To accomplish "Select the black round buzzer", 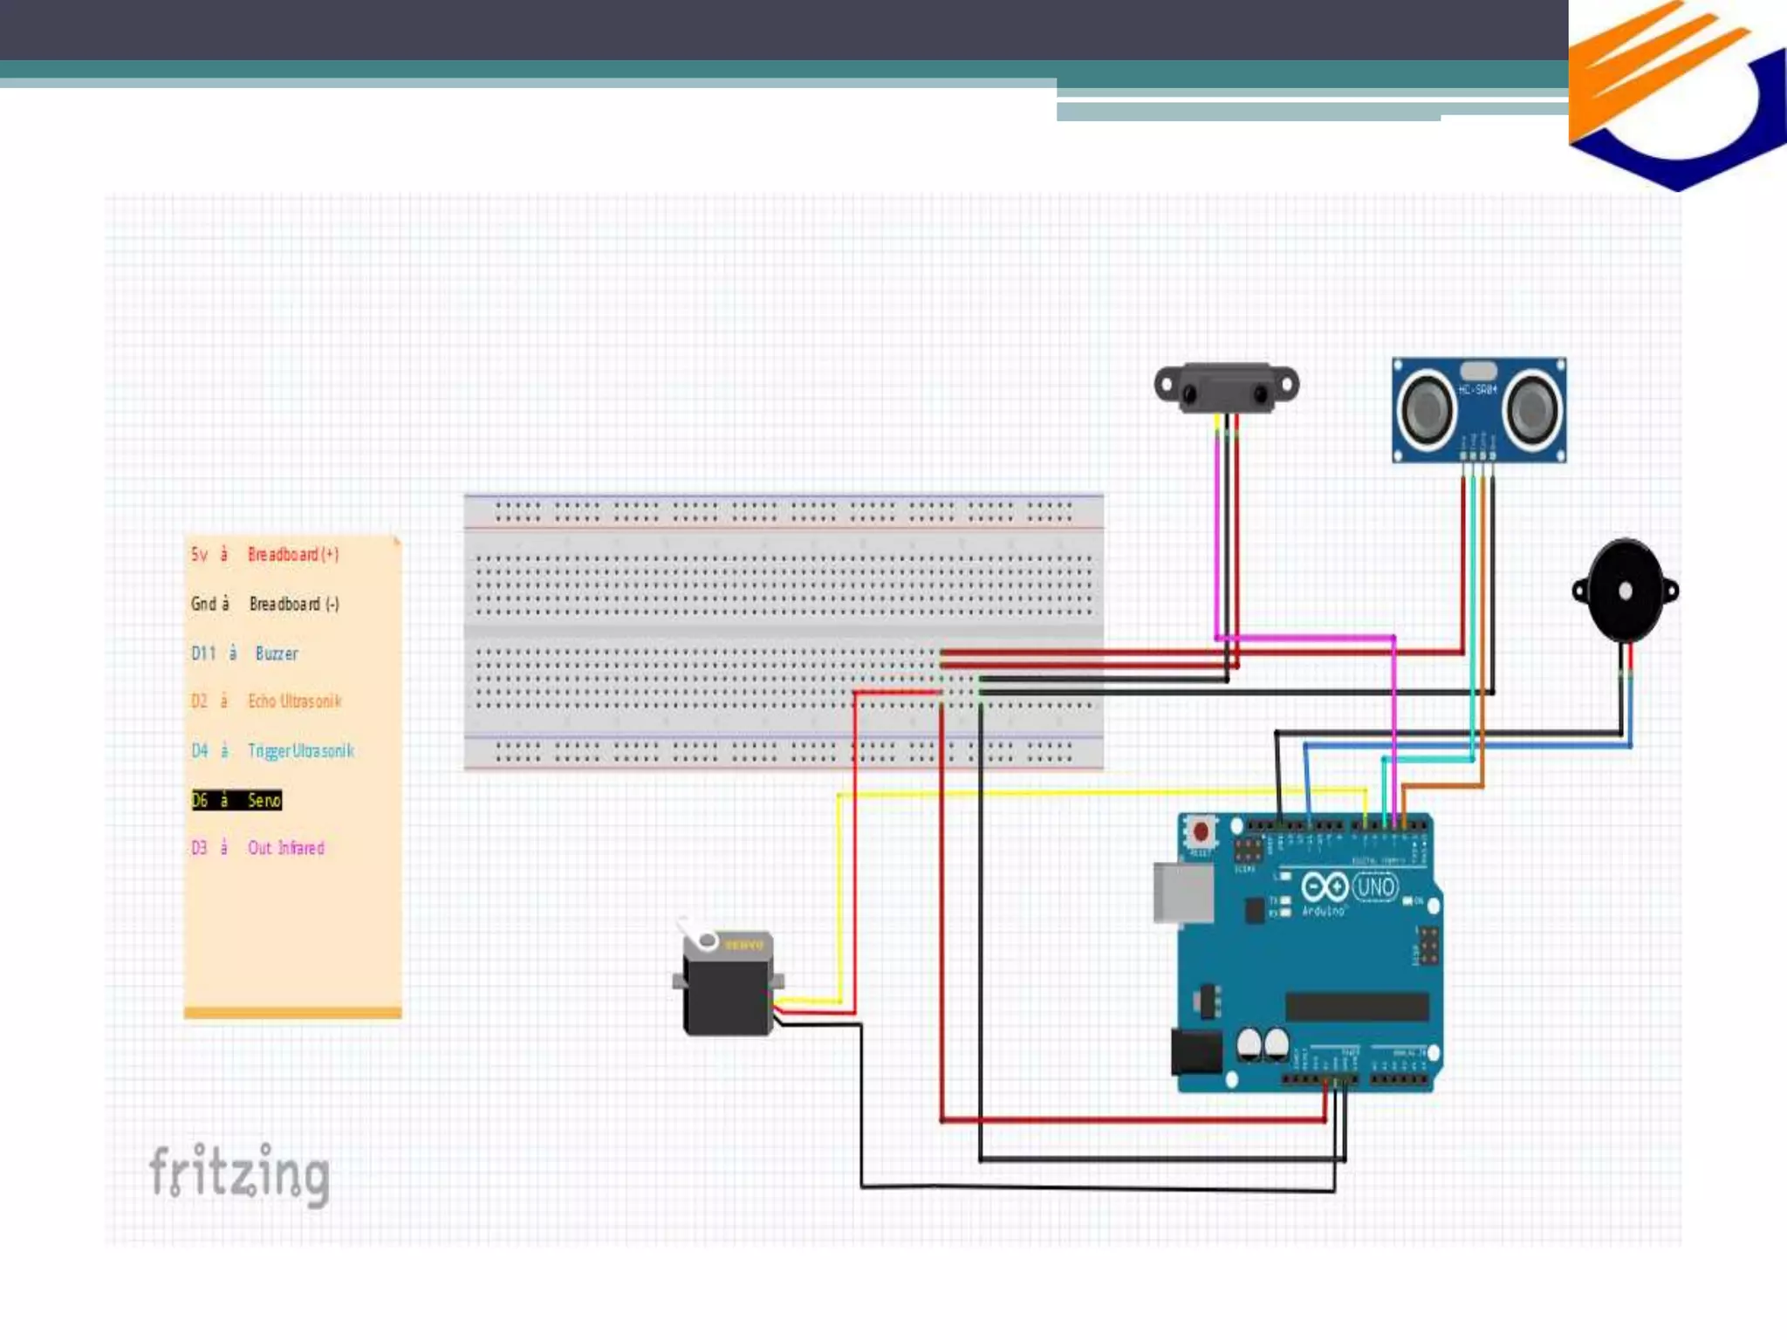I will pos(1625,591).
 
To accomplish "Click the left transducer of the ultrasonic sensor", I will pos(1428,408).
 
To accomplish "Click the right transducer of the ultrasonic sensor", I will pos(1533,408).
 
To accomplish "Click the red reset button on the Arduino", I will pos(1201,831).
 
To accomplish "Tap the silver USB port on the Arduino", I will pos(1182,892).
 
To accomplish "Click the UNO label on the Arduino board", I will pos(1375,888).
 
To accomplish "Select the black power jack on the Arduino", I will pos(1195,1052).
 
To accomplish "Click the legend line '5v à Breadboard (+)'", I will pos(265,554).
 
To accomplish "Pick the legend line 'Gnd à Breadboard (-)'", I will pos(265,604).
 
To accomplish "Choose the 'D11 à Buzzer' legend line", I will pos(245,653).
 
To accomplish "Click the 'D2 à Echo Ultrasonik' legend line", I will pos(266,701).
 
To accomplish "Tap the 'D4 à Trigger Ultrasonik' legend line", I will pos(272,751).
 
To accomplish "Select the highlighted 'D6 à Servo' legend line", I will pos(236,800).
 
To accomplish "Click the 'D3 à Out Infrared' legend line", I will pos(258,848).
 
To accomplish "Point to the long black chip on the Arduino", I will pos(1357,1007).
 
